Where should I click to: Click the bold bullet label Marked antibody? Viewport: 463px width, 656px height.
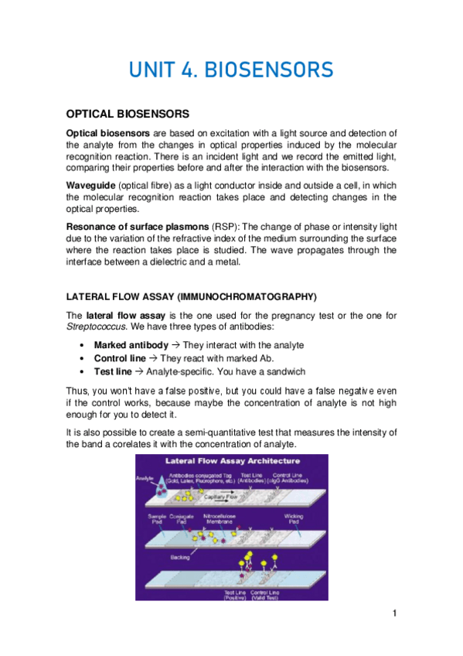[130, 344]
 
